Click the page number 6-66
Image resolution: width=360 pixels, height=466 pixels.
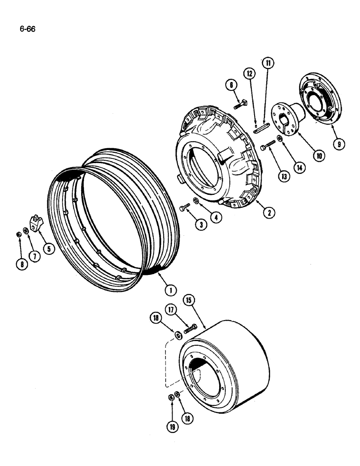click(28, 29)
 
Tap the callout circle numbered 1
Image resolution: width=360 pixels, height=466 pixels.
click(170, 290)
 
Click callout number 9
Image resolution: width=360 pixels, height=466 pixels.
click(339, 144)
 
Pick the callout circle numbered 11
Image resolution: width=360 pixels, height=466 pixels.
click(269, 63)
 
